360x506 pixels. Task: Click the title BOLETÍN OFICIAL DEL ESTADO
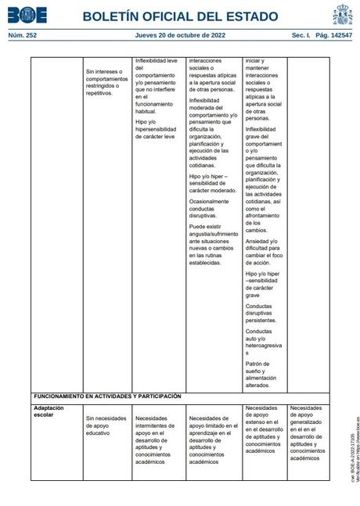(180, 16)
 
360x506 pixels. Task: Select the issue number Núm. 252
(23, 35)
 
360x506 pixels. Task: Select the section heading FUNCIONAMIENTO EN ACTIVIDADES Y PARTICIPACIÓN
(107, 397)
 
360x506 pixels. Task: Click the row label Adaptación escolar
(49, 411)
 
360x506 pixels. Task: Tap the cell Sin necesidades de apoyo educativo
(106, 425)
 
